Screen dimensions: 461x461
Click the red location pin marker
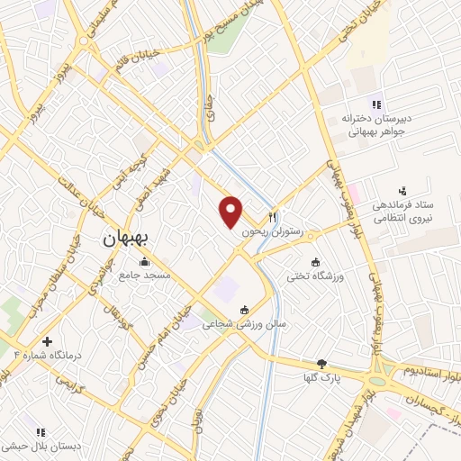pos(231,212)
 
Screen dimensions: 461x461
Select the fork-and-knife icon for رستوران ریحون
pos(273,218)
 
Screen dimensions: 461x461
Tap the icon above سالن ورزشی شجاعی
pos(243,311)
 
